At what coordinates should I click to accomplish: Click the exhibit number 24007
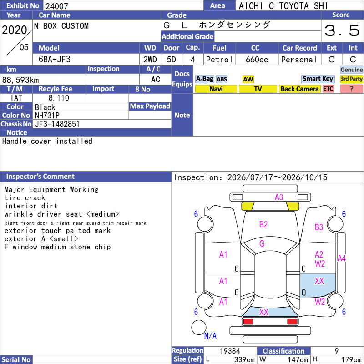click(x=56, y=6)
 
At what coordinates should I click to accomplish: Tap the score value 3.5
click(x=342, y=30)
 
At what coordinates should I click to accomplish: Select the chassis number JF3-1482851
click(x=57, y=124)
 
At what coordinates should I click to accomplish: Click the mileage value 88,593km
click(x=20, y=80)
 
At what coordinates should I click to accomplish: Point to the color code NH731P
click(x=47, y=116)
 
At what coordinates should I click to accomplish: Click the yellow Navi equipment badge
click(x=216, y=89)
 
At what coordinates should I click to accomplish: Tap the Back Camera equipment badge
click(x=299, y=89)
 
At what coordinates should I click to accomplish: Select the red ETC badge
click(x=328, y=89)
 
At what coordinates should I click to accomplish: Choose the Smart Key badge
click(x=318, y=79)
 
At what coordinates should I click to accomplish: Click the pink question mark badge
click(x=351, y=89)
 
